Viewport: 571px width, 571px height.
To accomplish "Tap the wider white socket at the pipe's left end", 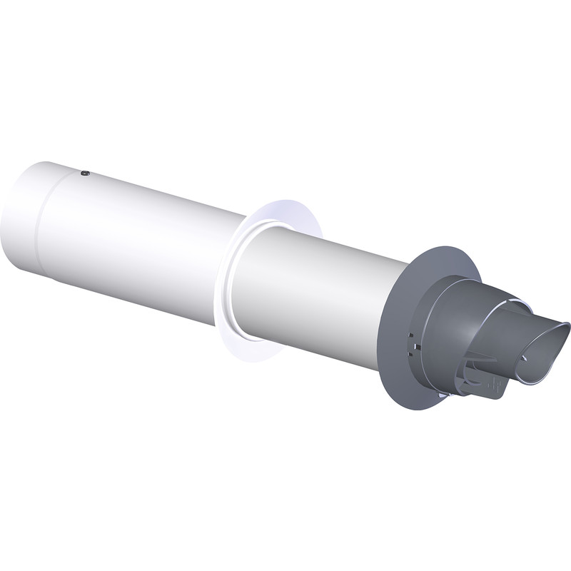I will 21,214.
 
